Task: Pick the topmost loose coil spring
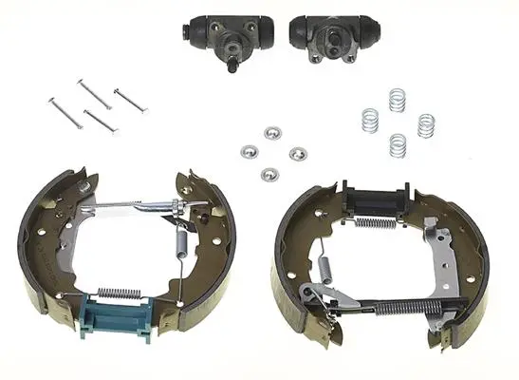coord(397,100)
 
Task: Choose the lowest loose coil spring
coord(398,144)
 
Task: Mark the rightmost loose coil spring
coord(426,124)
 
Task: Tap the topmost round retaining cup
coord(273,131)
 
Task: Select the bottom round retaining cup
coord(269,174)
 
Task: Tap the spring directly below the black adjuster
coord(375,223)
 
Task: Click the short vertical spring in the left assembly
coord(183,246)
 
